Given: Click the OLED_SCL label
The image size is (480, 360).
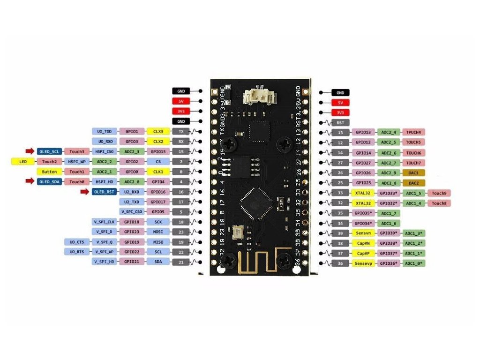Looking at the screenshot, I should [49, 151].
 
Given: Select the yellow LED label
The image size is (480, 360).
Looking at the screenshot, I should [23, 162].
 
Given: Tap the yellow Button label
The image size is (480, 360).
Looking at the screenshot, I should [49, 172].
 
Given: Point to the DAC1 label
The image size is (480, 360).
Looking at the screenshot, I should [413, 172].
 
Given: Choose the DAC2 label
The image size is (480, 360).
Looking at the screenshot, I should [413, 182].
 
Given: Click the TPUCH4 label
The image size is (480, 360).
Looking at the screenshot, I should [413, 132].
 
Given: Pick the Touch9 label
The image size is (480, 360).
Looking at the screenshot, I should [439, 193].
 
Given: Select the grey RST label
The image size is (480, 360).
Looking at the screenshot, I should [340, 122].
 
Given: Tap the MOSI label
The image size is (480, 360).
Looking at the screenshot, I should [158, 232].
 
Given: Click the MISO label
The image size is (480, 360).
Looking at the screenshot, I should [158, 242].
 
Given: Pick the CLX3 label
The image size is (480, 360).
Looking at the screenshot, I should [158, 131].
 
